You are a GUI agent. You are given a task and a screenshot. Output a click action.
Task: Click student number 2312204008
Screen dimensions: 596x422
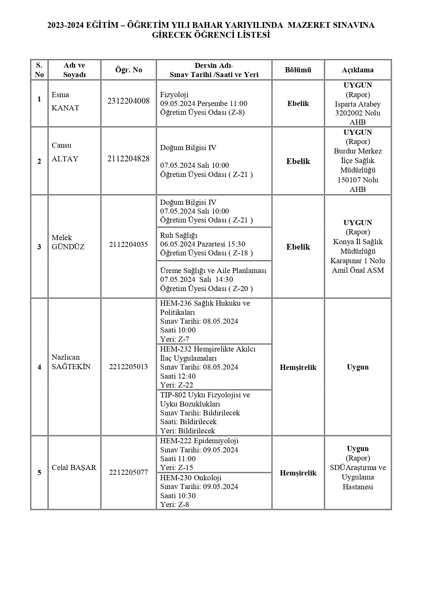click(x=128, y=101)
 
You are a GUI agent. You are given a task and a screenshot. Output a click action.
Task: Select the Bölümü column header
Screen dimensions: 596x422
click(x=298, y=70)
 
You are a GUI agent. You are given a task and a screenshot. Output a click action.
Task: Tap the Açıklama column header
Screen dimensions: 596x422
click(x=357, y=70)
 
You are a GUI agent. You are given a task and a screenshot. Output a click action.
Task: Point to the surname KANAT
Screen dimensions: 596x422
click(x=65, y=108)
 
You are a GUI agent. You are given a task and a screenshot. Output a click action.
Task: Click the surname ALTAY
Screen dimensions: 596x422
click(x=65, y=159)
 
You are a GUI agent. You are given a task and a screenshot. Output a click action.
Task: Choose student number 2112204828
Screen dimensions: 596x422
click(x=128, y=159)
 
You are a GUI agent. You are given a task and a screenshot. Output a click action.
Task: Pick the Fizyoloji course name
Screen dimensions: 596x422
click(x=174, y=95)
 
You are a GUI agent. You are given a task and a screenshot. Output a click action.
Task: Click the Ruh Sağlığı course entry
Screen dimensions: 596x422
click(x=179, y=235)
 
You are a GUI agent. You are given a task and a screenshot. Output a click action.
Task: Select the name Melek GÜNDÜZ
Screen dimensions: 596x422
click(x=68, y=242)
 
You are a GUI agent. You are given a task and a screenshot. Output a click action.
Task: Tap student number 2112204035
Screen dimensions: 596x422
click(x=128, y=245)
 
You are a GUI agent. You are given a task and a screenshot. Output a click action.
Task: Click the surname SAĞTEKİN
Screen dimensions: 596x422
click(x=71, y=367)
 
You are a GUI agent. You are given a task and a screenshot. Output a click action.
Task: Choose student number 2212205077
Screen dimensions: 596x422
click(x=128, y=472)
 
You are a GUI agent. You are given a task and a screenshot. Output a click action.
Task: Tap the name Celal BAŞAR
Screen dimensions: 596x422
click(x=74, y=468)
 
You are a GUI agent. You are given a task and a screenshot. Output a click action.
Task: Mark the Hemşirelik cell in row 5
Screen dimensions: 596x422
click(x=298, y=473)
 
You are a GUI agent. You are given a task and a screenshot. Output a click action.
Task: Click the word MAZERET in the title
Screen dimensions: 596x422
click(x=309, y=25)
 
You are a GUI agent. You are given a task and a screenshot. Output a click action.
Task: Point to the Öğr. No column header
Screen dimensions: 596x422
click(x=129, y=70)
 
